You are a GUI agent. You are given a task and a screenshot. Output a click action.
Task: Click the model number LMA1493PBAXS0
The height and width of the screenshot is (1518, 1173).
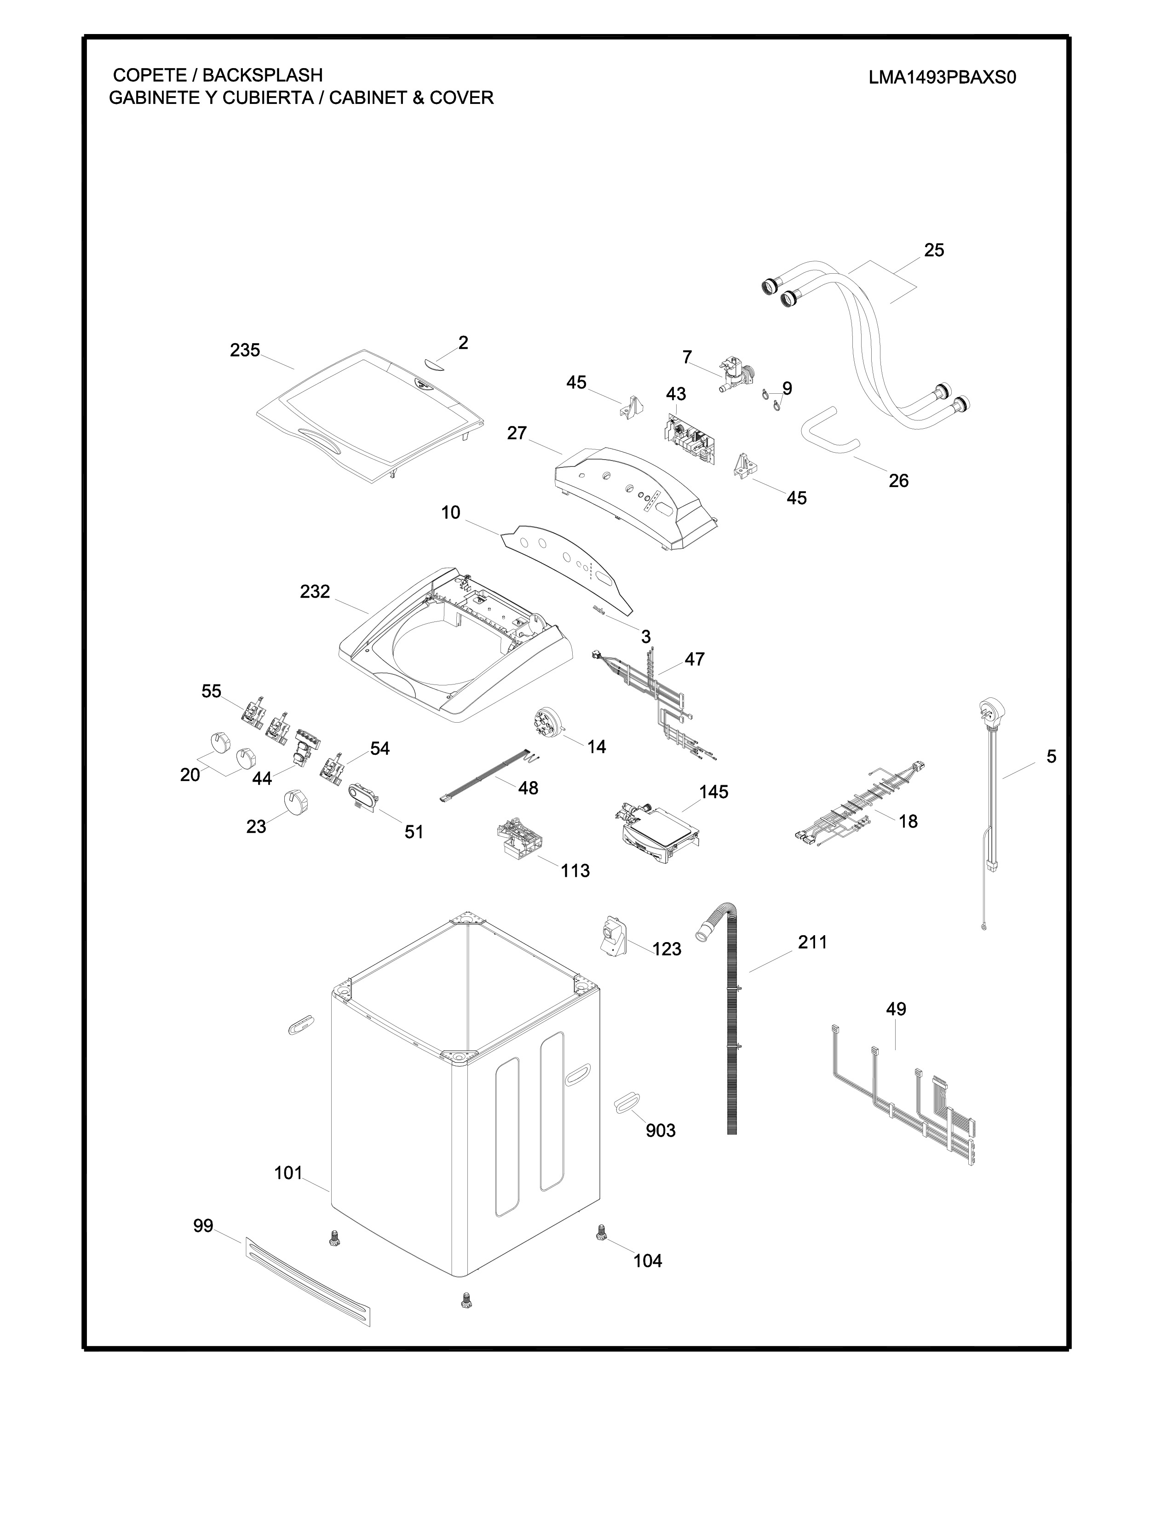point(942,77)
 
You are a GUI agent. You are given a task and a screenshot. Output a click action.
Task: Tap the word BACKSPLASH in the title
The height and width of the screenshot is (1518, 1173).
point(262,75)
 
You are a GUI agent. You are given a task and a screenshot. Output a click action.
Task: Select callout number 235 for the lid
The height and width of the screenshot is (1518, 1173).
point(245,351)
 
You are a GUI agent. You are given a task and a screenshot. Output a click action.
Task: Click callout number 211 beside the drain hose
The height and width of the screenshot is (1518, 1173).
point(812,943)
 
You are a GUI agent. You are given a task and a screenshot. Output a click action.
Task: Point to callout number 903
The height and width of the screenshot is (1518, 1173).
point(660,1131)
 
